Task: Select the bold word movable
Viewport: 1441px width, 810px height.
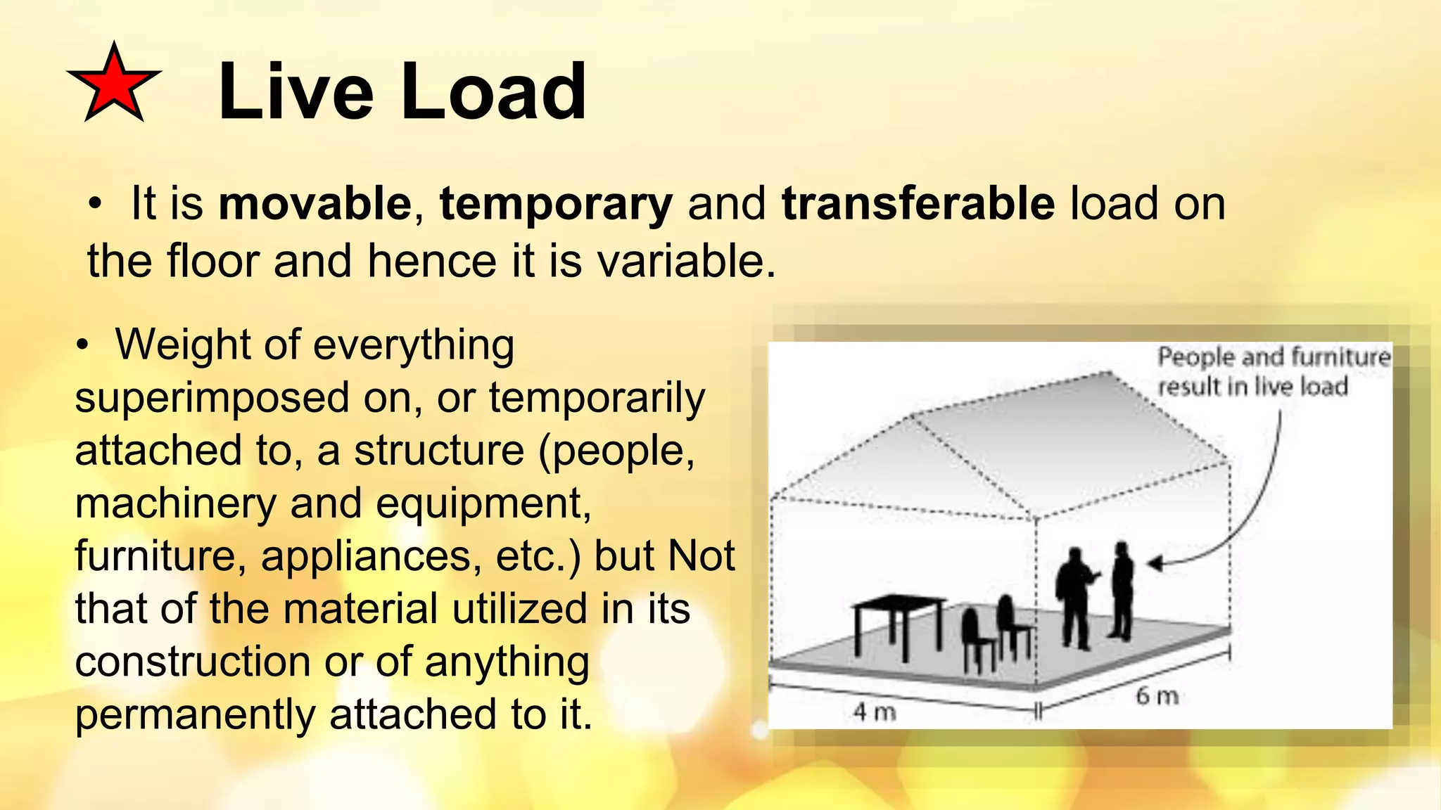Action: [x=315, y=204]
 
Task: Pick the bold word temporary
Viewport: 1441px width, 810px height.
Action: [x=556, y=204]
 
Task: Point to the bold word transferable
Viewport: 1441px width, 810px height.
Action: [x=918, y=204]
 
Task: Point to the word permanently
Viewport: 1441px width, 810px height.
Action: [x=195, y=714]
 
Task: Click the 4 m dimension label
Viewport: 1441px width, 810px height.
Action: [x=875, y=712]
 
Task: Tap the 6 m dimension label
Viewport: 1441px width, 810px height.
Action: [x=1157, y=696]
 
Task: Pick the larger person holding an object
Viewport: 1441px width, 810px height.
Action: [x=1074, y=598]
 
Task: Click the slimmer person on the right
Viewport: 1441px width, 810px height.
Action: [x=1122, y=591]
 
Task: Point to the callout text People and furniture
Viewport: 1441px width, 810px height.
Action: [x=1274, y=357]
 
